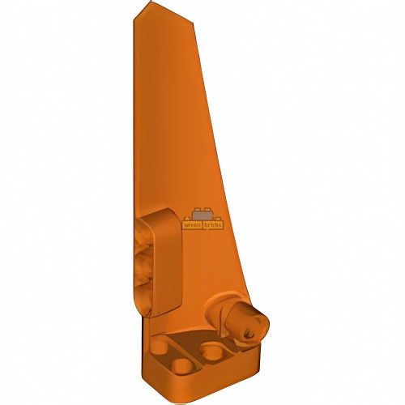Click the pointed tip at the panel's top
(149, 6)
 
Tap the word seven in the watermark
(192, 225)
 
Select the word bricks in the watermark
(213, 225)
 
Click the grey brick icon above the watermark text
(202, 215)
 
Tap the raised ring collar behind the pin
(220, 306)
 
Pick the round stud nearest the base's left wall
(160, 347)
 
